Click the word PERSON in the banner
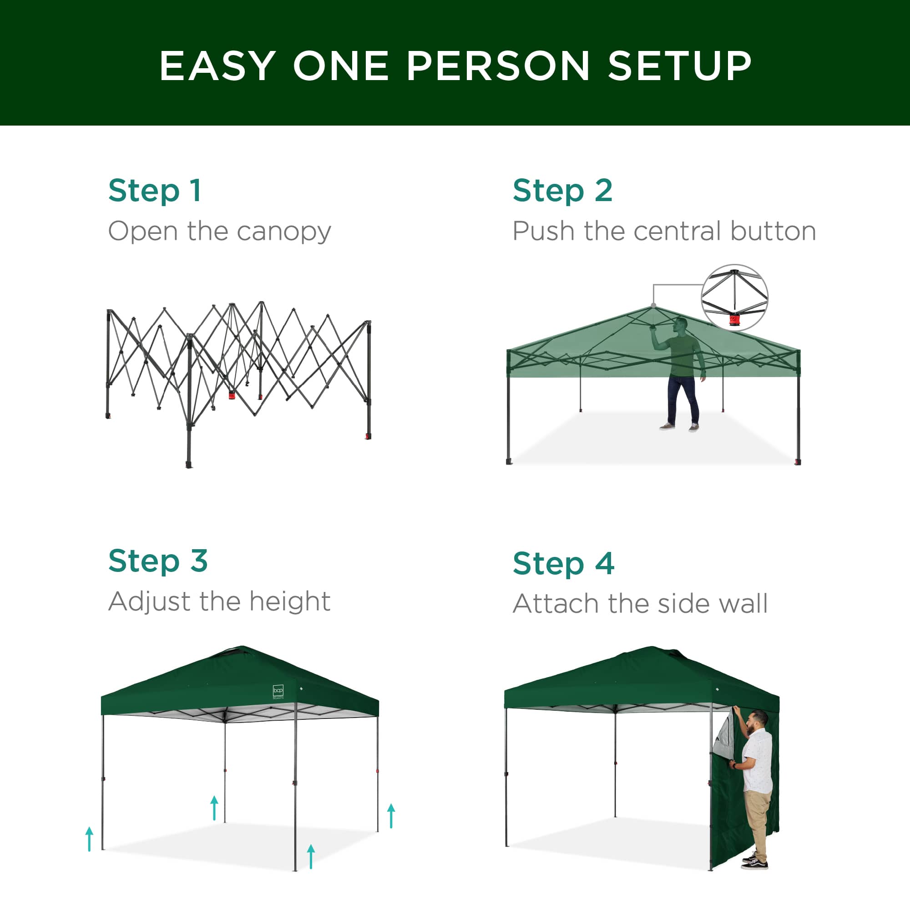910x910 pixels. coord(497,66)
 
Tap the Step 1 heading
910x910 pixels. coord(155,191)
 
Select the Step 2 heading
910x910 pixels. coord(562,191)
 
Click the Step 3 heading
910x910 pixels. coord(158,561)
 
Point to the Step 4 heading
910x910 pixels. coord(563,563)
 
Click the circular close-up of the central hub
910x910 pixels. coord(734,297)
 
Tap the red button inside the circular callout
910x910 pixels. coord(734,321)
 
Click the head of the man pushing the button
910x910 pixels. coord(680,325)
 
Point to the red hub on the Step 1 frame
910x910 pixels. coord(232,394)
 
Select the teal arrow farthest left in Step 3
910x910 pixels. coord(90,839)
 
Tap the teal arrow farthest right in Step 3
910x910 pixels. coord(391,816)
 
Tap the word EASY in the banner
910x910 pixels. coord(217,66)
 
